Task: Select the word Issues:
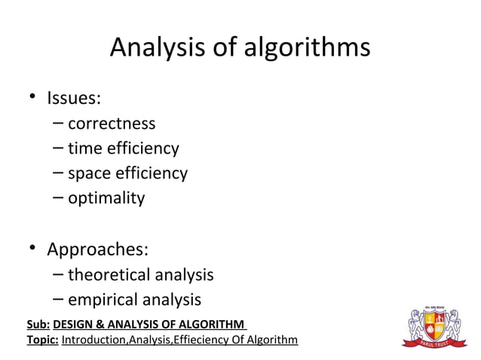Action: [x=75, y=98]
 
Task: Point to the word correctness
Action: [x=112, y=124]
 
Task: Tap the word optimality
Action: [x=106, y=199]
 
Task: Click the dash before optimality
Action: [x=58, y=198]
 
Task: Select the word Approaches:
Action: [x=98, y=249]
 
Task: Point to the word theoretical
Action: [x=110, y=274]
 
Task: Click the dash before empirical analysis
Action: [x=58, y=299]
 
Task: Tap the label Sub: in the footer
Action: [x=38, y=325]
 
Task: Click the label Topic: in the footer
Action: [x=42, y=340]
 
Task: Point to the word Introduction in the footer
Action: [x=94, y=340]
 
